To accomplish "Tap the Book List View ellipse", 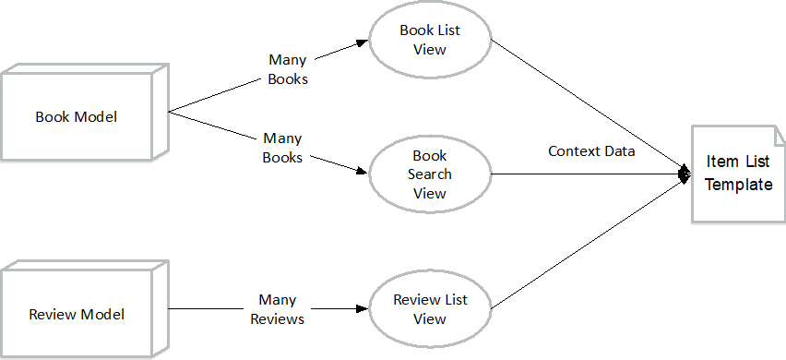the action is (x=430, y=40).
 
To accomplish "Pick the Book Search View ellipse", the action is (x=430, y=174).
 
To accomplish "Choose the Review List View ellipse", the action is (x=430, y=309).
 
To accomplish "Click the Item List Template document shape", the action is (x=738, y=174).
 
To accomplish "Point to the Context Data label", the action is (x=591, y=150).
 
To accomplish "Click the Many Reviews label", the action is (x=277, y=309).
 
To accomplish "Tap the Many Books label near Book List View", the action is (x=288, y=69).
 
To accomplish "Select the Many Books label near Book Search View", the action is (x=282, y=148).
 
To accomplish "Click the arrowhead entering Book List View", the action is (x=362, y=43).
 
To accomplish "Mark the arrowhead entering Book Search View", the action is (x=362, y=172).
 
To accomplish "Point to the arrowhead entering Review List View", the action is (x=362, y=309).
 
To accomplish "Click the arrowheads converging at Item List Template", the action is (x=685, y=174).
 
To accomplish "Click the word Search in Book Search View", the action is (x=430, y=174).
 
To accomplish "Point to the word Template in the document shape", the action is (x=738, y=185).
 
